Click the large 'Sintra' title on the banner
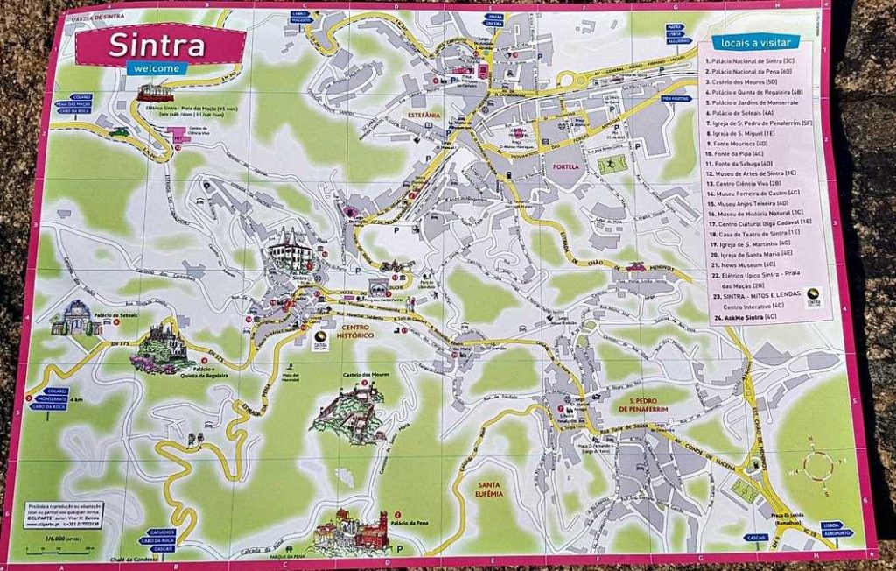(x=157, y=46)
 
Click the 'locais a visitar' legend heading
(x=755, y=41)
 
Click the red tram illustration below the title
(x=155, y=92)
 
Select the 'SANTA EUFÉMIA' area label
(x=489, y=489)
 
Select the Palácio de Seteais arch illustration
(x=77, y=319)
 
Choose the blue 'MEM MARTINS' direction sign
(x=676, y=99)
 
